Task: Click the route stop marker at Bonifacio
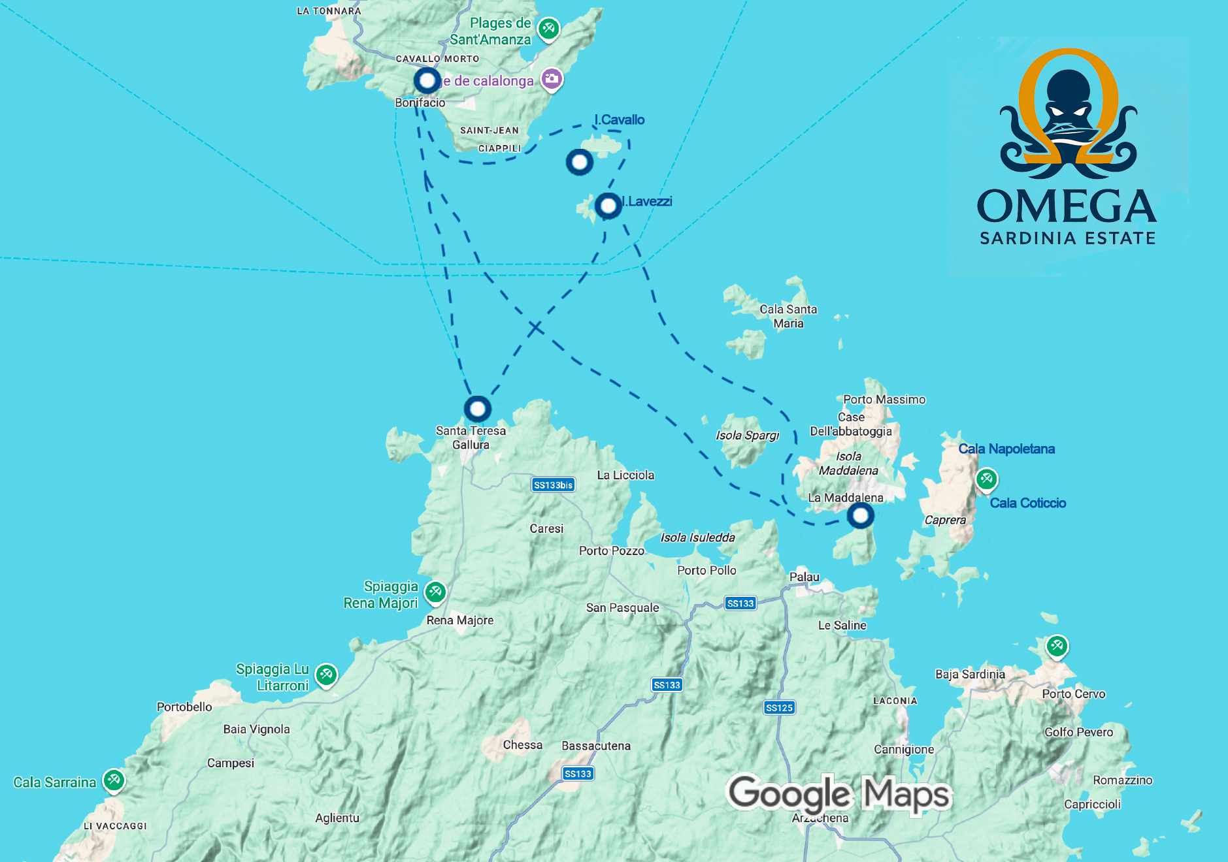tap(427, 81)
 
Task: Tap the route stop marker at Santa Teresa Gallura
tap(478, 409)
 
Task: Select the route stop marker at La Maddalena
tap(860, 516)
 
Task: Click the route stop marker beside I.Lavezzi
tap(608, 206)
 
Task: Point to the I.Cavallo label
tap(620, 120)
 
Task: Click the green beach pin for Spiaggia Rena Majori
tap(435, 592)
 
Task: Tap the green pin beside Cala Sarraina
tap(114, 779)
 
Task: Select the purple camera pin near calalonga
tap(552, 80)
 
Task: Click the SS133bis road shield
tap(553, 485)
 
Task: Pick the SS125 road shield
tap(779, 707)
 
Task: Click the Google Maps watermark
tap(839, 793)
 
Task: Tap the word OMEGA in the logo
tap(1067, 206)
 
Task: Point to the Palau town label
tap(804, 577)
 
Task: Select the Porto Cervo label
tap(1073, 694)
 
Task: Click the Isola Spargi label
tap(748, 436)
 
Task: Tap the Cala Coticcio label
tap(1027, 503)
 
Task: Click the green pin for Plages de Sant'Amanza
tap(548, 28)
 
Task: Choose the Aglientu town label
tap(337, 818)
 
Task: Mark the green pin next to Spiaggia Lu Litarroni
tap(326, 675)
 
